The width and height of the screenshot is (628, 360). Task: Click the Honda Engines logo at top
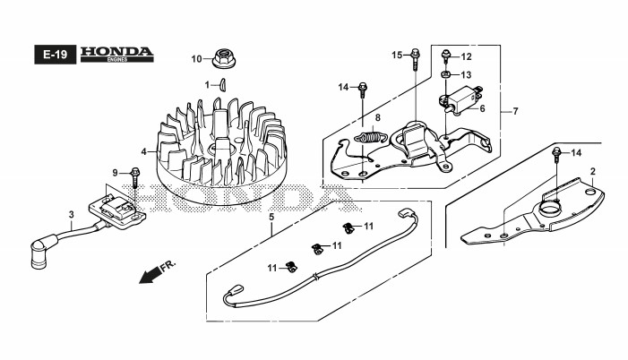pos(116,54)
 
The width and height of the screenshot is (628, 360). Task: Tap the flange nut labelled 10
pos(220,59)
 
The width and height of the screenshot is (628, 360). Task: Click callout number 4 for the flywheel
pos(143,151)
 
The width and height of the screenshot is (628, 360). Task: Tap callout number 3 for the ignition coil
pos(71,214)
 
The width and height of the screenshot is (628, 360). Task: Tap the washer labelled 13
pos(445,73)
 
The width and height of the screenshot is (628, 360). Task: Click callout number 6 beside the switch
pos(481,109)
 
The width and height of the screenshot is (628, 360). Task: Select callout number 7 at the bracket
pos(515,111)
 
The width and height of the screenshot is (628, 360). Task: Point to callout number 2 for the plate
pos(592,170)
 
